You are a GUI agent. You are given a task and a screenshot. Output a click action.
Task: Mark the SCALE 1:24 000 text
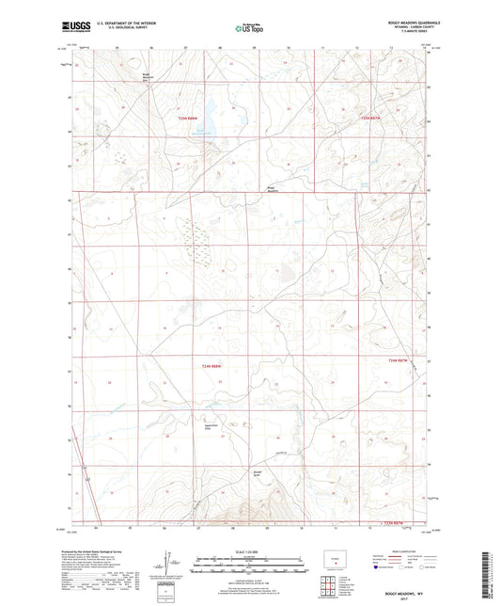point(249,551)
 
